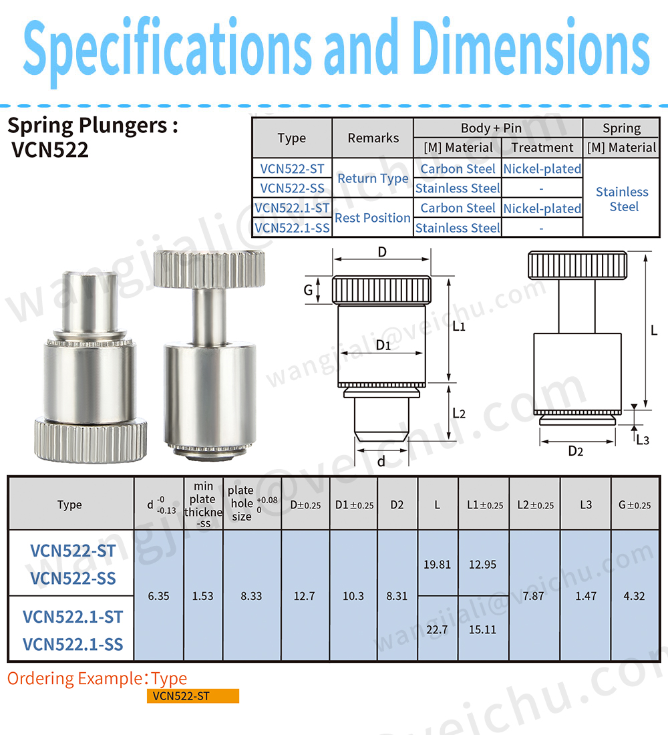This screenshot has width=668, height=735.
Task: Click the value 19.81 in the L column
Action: pyautogui.click(x=437, y=565)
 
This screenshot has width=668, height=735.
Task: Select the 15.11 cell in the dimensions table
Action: pyautogui.click(x=482, y=629)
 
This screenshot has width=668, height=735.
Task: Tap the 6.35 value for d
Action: pyautogui.click(x=158, y=596)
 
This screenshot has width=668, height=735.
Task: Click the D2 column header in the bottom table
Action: pyautogui.click(x=397, y=504)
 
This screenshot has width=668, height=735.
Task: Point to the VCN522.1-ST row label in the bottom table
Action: pyautogui.click(x=73, y=616)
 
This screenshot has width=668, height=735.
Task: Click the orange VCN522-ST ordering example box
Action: pyautogui.click(x=193, y=696)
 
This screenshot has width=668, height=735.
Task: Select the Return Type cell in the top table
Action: pyautogui.click(x=372, y=178)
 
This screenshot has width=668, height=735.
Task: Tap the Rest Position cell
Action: pyautogui.click(x=372, y=218)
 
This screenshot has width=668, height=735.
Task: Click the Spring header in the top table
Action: pyautogui.click(x=621, y=128)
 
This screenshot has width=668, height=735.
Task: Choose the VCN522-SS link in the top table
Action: pyautogui.click(x=291, y=188)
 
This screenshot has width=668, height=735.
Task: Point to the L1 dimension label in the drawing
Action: pyautogui.click(x=458, y=327)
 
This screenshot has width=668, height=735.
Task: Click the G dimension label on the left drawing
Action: pyautogui.click(x=308, y=291)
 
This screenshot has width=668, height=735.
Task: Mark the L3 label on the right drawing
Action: pyautogui.click(x=642, y=439)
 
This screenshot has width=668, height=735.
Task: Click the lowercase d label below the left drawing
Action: pyautogui.click(x=381, y=462)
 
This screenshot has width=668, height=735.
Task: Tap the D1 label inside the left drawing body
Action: pyautogui.click(x=383, y=345)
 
